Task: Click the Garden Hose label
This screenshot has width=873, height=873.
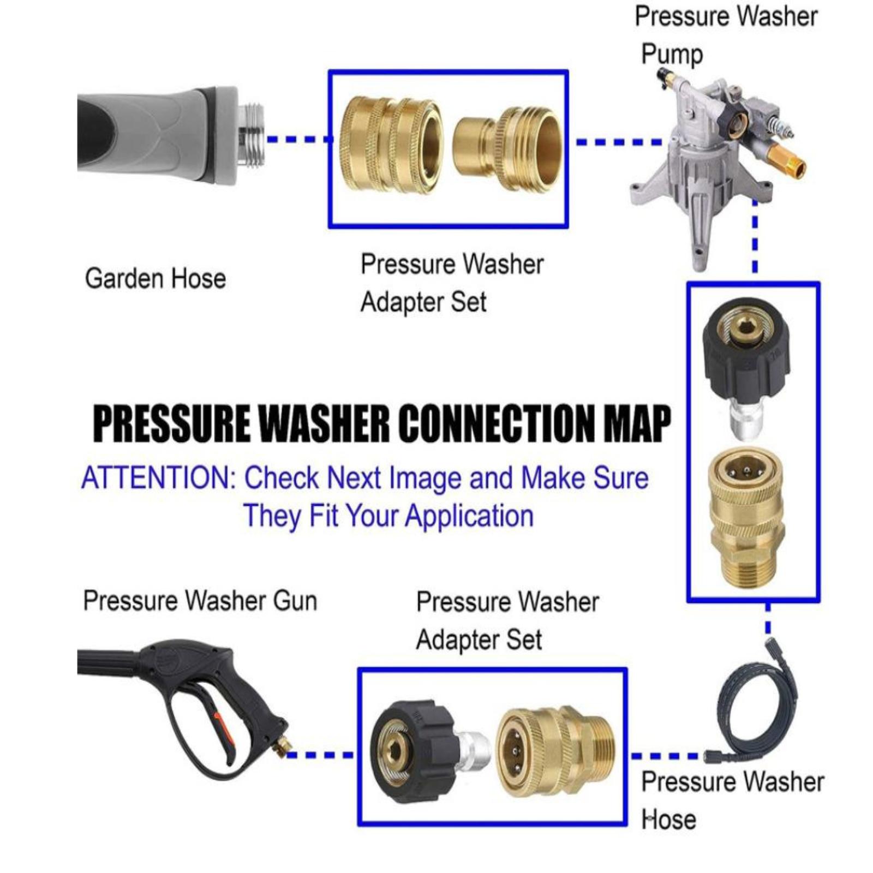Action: [156, 278]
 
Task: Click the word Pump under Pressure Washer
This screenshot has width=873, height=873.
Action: [672, 55]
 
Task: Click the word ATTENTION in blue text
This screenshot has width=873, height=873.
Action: [157, 478]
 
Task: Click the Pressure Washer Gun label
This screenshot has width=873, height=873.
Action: [200, 601]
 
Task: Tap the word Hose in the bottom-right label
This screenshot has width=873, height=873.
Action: [668, 820]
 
